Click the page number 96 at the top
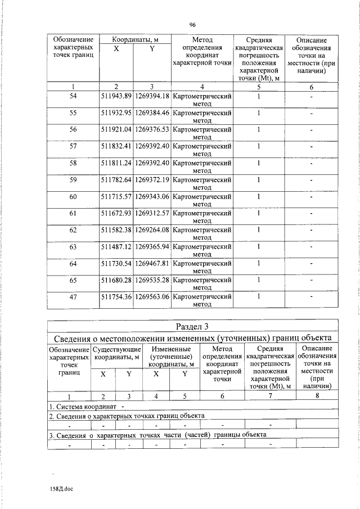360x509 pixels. pyautogui.click(x=192, y=25)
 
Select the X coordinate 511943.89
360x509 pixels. pyautogui.click(x=115, y=97)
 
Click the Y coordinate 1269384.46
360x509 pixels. pyautogui.click(x=152, y=112)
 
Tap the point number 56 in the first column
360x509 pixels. pyautogui.click(x=73, y=129)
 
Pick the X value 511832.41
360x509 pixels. pyautogui.click(x=115, y=146)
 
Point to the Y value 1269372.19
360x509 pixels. pyautogui.click(x=152, y=179)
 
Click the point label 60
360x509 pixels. pyautogui.click(x=73, y=196)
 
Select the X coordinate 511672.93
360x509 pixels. pyautogui.click(x=115, y=213)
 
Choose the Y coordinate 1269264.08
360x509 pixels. pyautogui.click(x=152, y=229)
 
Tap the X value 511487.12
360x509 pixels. pyautogui.click(x=115, y=246)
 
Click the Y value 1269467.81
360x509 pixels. pyautogui.click(x=152, y=263)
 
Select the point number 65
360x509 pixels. pyautogui.click(x=73, y=280)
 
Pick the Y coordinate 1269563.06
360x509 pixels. pyautogui.click(x=152, y=296)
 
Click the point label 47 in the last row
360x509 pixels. pyautogui.click(x=73, y=296)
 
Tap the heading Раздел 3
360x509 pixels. pyautogui.click(x=192, y=326)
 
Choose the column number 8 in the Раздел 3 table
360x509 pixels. pyautogui.click(x=317, y=396)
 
